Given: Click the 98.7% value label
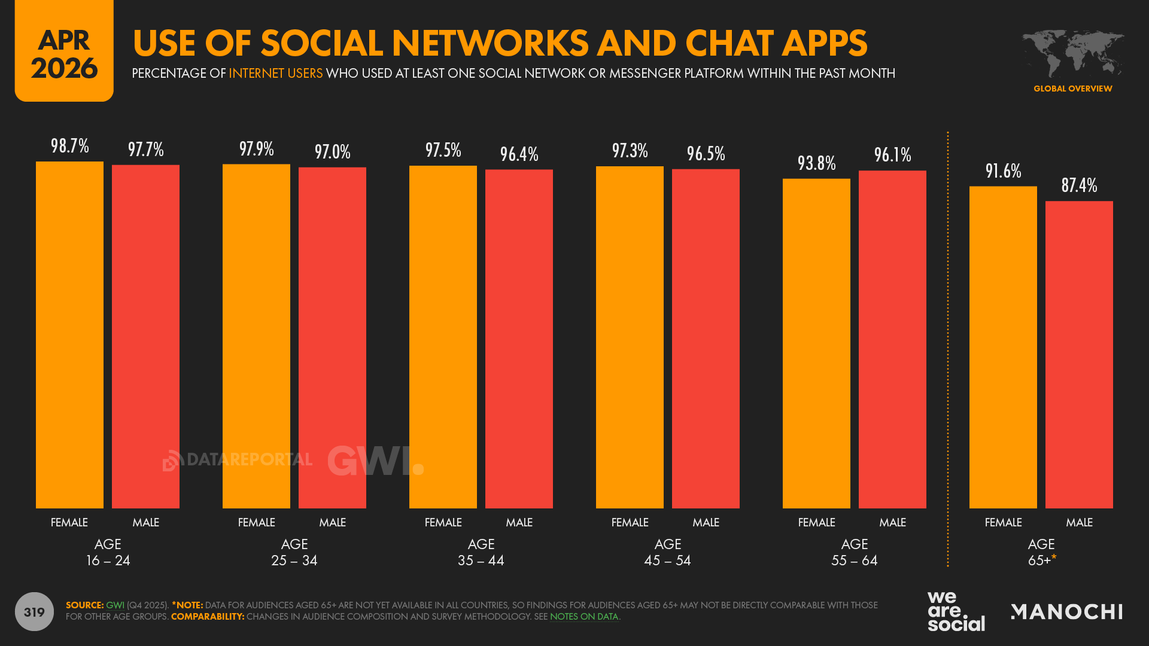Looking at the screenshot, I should pos(69,146).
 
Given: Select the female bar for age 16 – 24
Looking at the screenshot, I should pos(69,335).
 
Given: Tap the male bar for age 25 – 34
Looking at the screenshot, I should pos(332,338).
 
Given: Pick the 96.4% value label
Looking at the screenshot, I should pos(519,154).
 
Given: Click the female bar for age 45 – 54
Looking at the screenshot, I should pos(630,337).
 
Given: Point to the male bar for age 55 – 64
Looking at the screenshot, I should pos(892,339).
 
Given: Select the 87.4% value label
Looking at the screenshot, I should pos(1079,185).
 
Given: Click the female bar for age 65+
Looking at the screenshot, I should pos(1003,347).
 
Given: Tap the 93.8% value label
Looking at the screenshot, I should pos(816,163).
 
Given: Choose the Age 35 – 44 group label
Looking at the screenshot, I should pos(481,552).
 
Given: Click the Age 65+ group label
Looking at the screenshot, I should pos(1041,552).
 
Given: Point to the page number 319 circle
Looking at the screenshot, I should pos(34,611).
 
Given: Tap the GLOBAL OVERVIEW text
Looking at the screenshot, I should pos(1072,89).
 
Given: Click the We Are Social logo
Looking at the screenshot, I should pos(956,611).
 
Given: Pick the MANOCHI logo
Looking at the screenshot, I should pos(1066,611).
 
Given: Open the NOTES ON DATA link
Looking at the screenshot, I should pos(583,617).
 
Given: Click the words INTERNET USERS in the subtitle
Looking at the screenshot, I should pos(275,74).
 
